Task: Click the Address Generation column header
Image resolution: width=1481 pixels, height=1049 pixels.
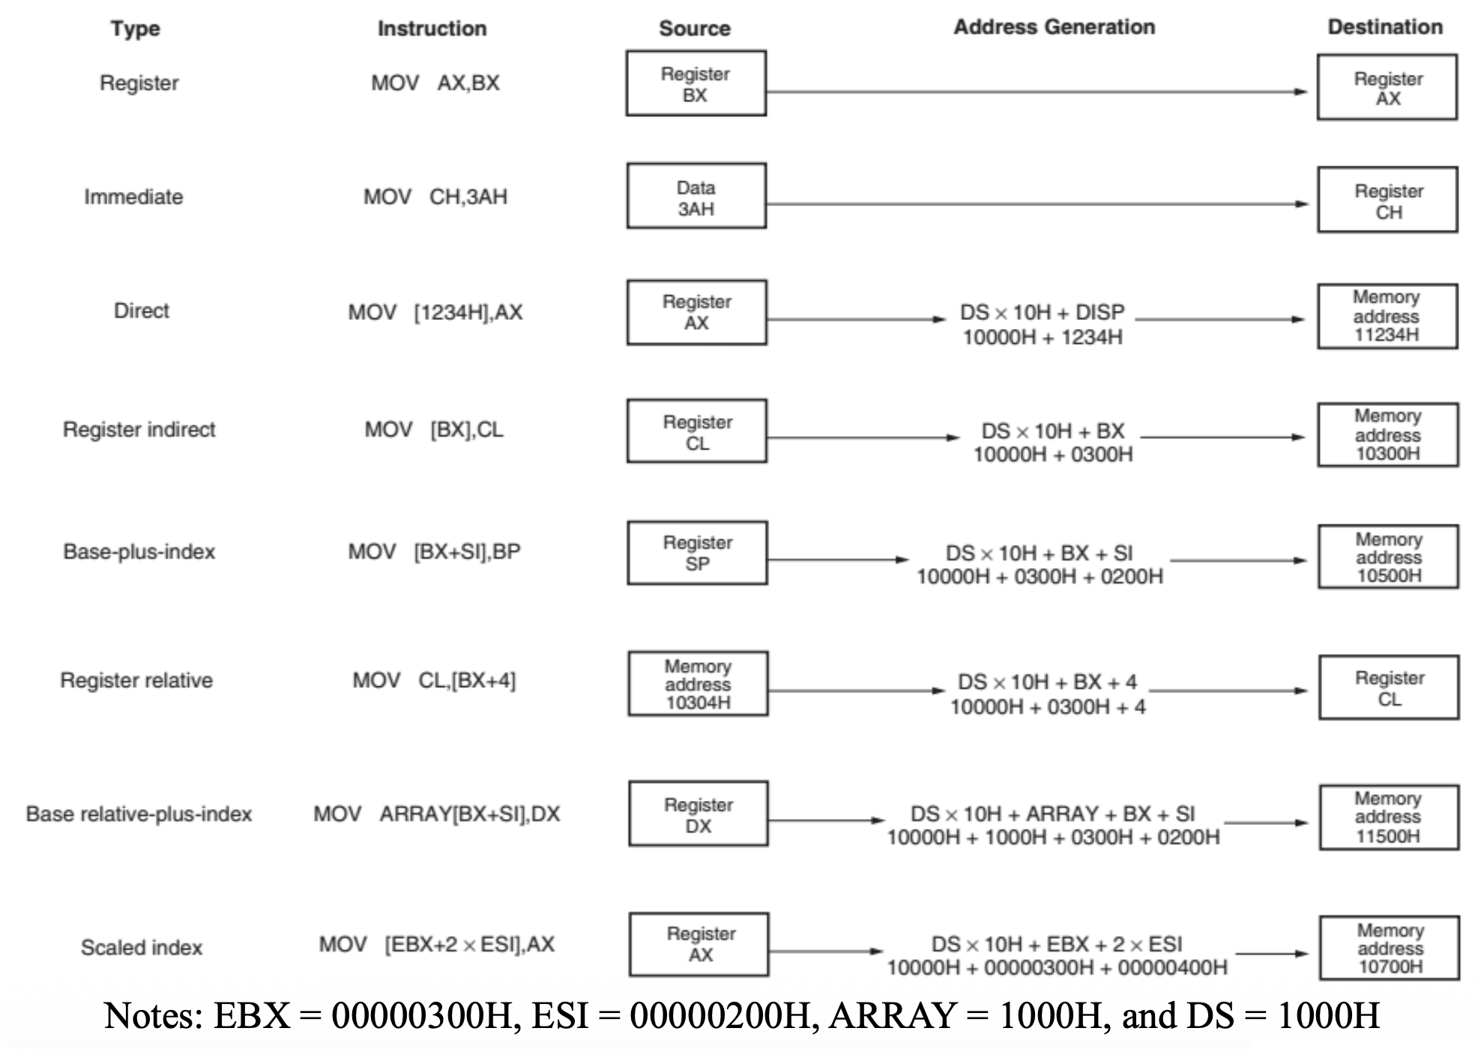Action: click(x=1054, y=27)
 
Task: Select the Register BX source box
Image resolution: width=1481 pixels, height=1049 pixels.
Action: click(x=696, y=83)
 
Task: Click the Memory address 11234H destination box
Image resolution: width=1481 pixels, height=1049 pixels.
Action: click(x=1387, y=316)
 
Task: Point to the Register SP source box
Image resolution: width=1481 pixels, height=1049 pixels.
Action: click(x=697, y=553)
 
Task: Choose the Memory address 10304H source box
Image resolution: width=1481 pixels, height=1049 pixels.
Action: click(x=698, y=683)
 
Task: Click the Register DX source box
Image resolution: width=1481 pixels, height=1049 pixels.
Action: click(x=699, y=814)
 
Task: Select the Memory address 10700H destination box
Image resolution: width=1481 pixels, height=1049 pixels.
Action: click(x=1390, y=948)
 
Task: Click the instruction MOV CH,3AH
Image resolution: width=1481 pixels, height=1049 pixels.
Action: click(x=435, y=197)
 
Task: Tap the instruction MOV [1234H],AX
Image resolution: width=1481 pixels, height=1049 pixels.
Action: click(x=435, y=312)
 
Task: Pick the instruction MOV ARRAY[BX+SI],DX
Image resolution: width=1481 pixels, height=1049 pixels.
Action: click(x=436, y=814)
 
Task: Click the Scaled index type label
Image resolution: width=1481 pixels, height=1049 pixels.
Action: click(x=142, y=947)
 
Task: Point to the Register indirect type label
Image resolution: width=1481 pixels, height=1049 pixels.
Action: click(x=139, y=429)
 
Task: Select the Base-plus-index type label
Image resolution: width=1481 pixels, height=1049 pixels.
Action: click(x=139, y=551)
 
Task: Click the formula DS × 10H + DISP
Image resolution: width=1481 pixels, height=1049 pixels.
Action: click(x=1042, y=312)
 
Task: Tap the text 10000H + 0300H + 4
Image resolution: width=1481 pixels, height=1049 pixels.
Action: click(x=1048, y=707)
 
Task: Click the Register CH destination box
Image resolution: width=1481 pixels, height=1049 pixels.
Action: click(x=1388, y=200)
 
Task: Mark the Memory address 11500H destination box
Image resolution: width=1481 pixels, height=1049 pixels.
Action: click(x=1389, y=817)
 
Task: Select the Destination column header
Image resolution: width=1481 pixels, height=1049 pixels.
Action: click(x=1385, y=27)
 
